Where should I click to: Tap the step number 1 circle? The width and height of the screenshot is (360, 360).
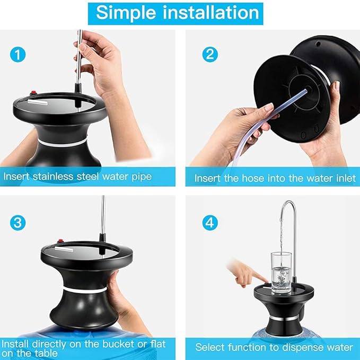[19, 54]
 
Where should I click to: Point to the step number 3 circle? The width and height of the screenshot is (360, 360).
[19, 222]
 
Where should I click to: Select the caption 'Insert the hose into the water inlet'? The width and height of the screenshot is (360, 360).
[274, 178]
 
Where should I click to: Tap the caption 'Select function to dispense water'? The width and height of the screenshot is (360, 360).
[274, 348]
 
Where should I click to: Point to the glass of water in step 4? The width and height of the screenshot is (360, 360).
[282, 273]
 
